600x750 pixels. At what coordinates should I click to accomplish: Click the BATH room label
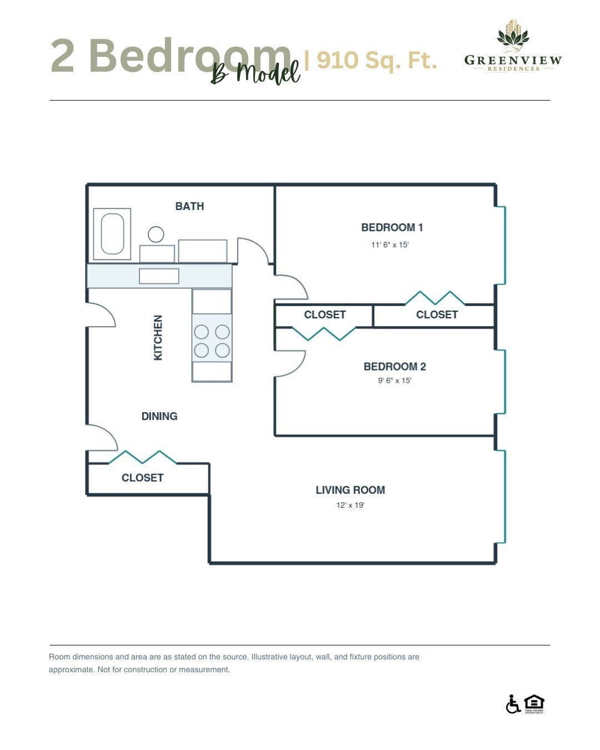(x=189, y=206)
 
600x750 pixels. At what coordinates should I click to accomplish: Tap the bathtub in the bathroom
(x=112, y=234)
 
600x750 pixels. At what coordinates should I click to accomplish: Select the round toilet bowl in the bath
(x=156, y=234)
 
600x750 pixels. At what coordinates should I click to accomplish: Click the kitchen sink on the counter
(x=159, y=276)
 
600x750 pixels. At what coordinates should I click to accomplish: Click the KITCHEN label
(x=158, y=337)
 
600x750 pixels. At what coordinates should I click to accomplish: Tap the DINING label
(x=159, y=416)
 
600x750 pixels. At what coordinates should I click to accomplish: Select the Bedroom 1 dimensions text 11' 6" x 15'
(x=390, y=244)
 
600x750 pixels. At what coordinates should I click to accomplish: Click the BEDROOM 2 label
(x=394, y=366)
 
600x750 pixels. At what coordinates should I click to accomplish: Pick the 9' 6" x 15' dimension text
(x=394, y=380)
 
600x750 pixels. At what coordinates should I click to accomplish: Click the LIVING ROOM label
(x=351, y=490)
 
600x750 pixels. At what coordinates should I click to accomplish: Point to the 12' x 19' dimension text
(x=351, y=505)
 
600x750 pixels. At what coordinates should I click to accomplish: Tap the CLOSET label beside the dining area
(x=143, y=477)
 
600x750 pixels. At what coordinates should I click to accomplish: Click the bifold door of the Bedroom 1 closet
(x=435, y=298)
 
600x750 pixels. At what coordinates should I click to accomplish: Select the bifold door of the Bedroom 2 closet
(x=324, y=333)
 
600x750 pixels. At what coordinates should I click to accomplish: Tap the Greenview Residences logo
(x=513, y=46)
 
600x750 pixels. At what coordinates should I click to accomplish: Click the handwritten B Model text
(x=256, y=73)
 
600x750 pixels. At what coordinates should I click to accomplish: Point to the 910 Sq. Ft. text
(x=377, y=60)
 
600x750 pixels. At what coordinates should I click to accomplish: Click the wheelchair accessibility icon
(x=513, y=704)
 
